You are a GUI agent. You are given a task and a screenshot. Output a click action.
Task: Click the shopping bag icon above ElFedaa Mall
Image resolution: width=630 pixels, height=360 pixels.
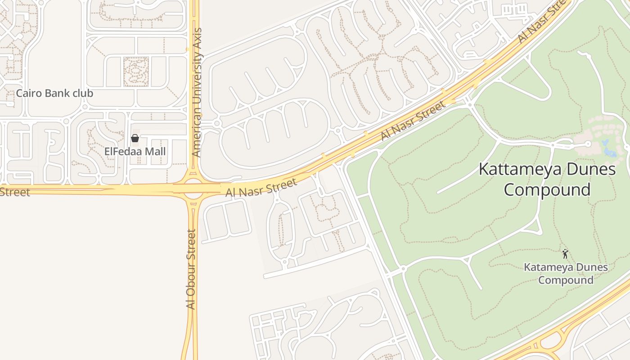(135, 138)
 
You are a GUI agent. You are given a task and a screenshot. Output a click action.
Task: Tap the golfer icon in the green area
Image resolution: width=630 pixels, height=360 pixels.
(565, 254)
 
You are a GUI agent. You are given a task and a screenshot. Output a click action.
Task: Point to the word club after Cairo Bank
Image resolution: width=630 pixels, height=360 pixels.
(83, 94)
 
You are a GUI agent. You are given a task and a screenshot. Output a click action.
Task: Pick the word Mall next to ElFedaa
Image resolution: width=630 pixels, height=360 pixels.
(154, 152)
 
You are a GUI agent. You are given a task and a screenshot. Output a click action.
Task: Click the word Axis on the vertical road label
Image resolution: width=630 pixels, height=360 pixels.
(197, 39)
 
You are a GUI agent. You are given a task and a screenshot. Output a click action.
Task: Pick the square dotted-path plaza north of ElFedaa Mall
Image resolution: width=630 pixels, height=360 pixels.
(136, 72)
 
